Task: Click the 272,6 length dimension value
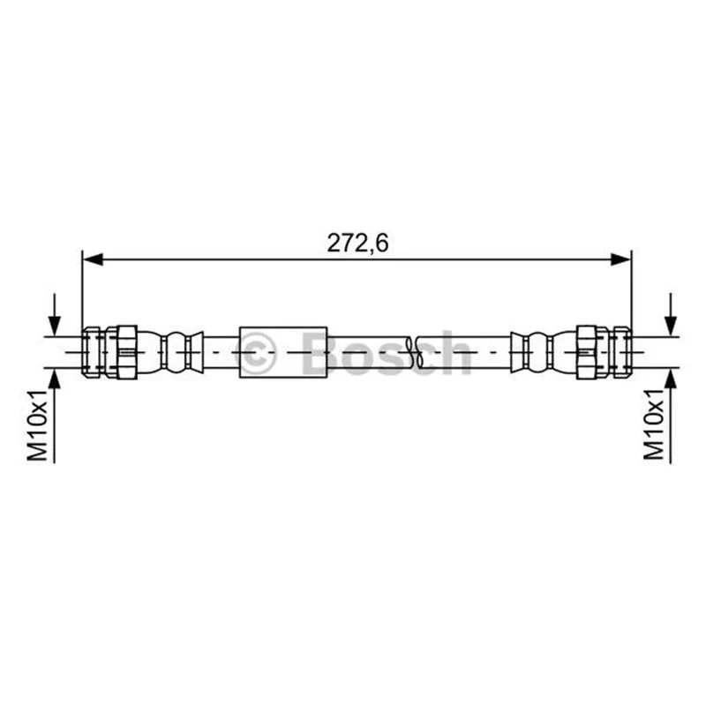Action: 357,244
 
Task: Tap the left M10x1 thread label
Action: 37,425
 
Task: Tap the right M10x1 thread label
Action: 654,425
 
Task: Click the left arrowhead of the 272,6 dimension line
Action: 93,259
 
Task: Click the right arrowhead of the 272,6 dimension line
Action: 621,259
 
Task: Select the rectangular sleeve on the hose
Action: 283,352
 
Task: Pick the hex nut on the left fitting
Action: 121,352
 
